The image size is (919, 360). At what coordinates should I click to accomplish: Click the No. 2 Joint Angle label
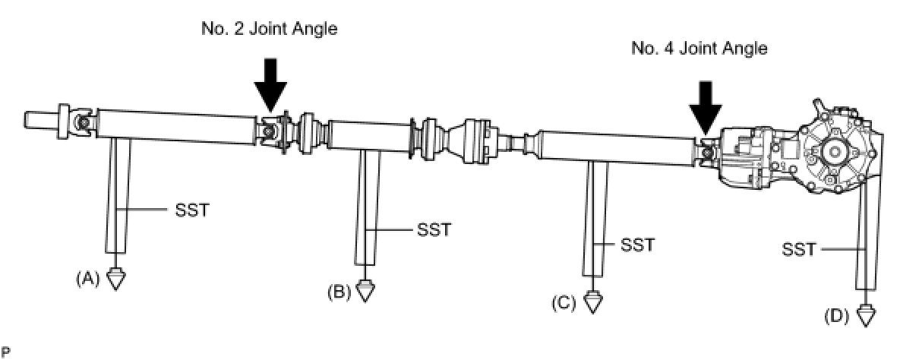[269, 30]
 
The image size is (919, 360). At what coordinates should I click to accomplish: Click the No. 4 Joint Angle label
[700, 49]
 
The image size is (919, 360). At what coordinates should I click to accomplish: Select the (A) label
[87, 279]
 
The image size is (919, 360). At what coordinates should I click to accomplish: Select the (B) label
[339, 291]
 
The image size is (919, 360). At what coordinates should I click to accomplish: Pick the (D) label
[836, 316]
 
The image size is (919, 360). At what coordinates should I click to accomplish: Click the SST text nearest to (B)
[434, 229]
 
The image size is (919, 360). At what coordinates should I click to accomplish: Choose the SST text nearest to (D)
[798, 248]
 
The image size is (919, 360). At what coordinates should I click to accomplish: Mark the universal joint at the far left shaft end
[81, 122]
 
